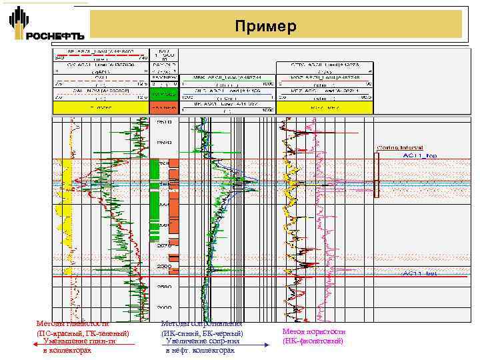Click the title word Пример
coord(265,27)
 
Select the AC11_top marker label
coord(419,155)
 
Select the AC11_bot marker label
coord(419,273)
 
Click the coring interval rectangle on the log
coord(376,175)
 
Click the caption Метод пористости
coord(313,331)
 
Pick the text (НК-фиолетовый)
coord(313,341)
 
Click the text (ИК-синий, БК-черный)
coord(203,333)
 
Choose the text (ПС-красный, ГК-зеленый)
coord(83,333)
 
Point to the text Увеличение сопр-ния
coord(201,341)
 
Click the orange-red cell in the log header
coord(163,107)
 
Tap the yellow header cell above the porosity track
coord(324,107)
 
